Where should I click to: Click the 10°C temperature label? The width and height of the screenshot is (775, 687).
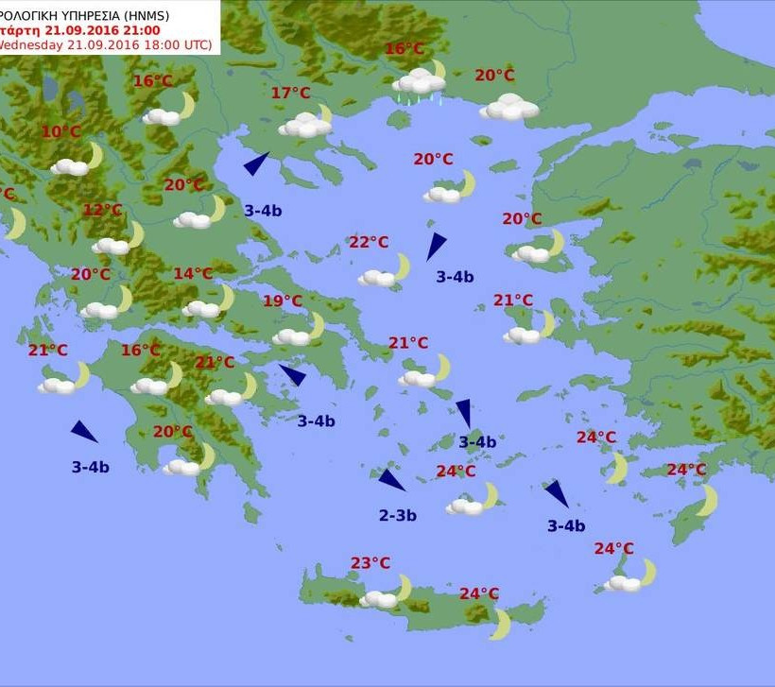click(60, 131)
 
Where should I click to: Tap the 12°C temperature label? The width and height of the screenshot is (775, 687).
click(102, 210)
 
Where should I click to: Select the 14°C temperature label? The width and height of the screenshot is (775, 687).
click(193, 274)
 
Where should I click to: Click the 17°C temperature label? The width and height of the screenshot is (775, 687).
click(290, 93)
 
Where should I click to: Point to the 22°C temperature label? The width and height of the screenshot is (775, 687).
click(369, 243)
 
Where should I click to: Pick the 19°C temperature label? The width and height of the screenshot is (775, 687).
click(282, 301)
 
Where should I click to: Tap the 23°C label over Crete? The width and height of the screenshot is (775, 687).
click(370, 563)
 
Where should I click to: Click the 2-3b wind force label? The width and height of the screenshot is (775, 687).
click(398, 516)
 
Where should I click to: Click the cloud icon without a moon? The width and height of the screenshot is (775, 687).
click(509, 107)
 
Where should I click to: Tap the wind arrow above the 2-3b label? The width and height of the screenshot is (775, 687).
click(391, 479)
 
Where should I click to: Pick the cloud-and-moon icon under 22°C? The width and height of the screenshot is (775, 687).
click(385, 273)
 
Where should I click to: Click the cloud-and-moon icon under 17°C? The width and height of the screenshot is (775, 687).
click(306, 123)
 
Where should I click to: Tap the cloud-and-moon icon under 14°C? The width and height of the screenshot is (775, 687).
click(208, 304)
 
